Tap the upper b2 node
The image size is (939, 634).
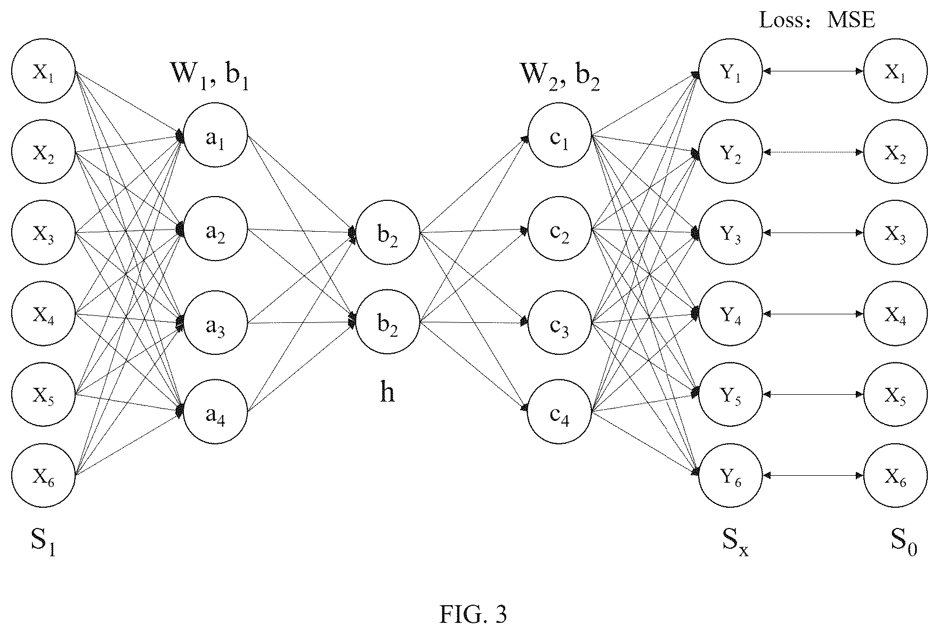388,233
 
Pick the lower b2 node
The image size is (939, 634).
388,323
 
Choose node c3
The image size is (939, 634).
560,323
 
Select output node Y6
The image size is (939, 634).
731,475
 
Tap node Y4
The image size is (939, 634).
731,314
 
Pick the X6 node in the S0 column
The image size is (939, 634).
895,475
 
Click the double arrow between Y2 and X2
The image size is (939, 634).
813,152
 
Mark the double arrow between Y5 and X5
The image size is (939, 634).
813,394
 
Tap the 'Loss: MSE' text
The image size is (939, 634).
817,20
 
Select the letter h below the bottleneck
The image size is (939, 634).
387,393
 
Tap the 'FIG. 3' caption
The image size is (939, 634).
473,614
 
